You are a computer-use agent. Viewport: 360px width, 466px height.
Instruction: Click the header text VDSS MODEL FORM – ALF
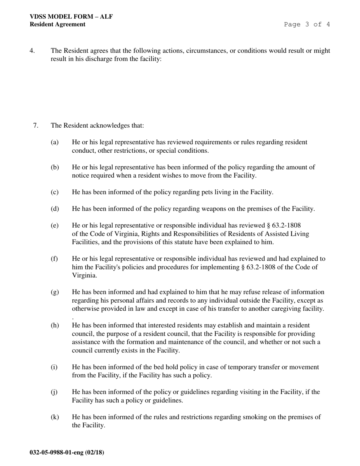pyautogui.click(x=71, y=17)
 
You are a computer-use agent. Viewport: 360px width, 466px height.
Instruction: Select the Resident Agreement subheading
pyautogui.click(x=58, y=24)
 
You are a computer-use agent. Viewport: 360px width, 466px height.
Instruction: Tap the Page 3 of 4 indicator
pyautogui.click(x=307, y=24)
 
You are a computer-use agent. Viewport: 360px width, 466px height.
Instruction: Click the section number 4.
pyautogui.click(x=32, y=51)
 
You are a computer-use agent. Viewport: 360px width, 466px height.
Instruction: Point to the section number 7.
pyautogui.click(x=36, y=125)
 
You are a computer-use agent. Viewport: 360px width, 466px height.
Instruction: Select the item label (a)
pyautogui.click(x=55, y=142)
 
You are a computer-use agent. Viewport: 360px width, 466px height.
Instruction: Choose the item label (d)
pyautogui.click(x=55, y=209)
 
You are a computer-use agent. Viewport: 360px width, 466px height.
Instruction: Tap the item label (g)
pyautogui.click(x=55, y=292)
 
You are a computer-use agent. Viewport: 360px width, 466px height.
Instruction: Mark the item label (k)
pyautogui.click(x=55, y=417)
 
